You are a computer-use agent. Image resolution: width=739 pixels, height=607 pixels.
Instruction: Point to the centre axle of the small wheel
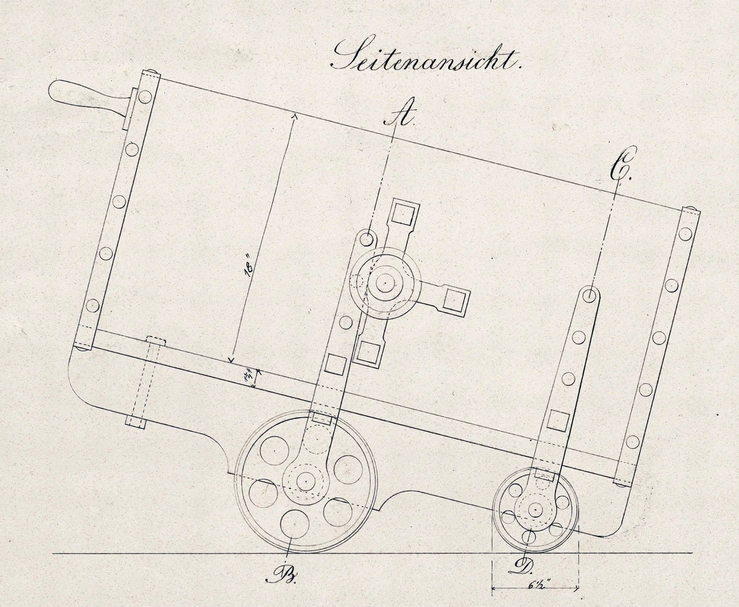(x=535, y=509)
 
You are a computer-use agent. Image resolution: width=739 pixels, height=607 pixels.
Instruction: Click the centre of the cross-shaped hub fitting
(x=386, y=283)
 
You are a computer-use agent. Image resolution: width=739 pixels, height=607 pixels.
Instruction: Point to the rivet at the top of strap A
(x=366, y=238)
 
